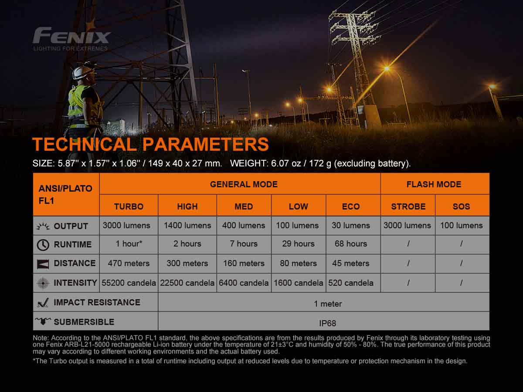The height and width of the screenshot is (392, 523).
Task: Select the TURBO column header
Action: pos(129,206)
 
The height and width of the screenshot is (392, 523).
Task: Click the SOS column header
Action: pos(461,206)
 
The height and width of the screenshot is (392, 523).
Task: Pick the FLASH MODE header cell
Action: pos(434,184)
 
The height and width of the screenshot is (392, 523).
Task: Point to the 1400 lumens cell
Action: pos(187,226)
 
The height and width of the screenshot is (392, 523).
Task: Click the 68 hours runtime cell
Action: pos(351,244)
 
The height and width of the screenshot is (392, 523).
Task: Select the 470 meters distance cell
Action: pos(129,263)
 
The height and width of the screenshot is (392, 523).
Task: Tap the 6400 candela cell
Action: pos(244,283)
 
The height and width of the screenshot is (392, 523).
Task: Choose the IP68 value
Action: pos(328,323)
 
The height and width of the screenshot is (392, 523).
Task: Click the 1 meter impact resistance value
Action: pos(328,304)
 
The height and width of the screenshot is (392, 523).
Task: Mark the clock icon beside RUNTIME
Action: pos(43,245)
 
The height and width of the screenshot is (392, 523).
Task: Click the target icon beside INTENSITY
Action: pos(43,283)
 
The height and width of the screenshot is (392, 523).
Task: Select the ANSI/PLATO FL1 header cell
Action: pos(66,194)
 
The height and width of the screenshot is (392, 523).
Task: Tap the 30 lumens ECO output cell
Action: pos(351,226)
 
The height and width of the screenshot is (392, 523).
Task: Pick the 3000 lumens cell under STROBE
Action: pos(407,226)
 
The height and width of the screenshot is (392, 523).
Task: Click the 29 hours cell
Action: pos(298,244)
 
